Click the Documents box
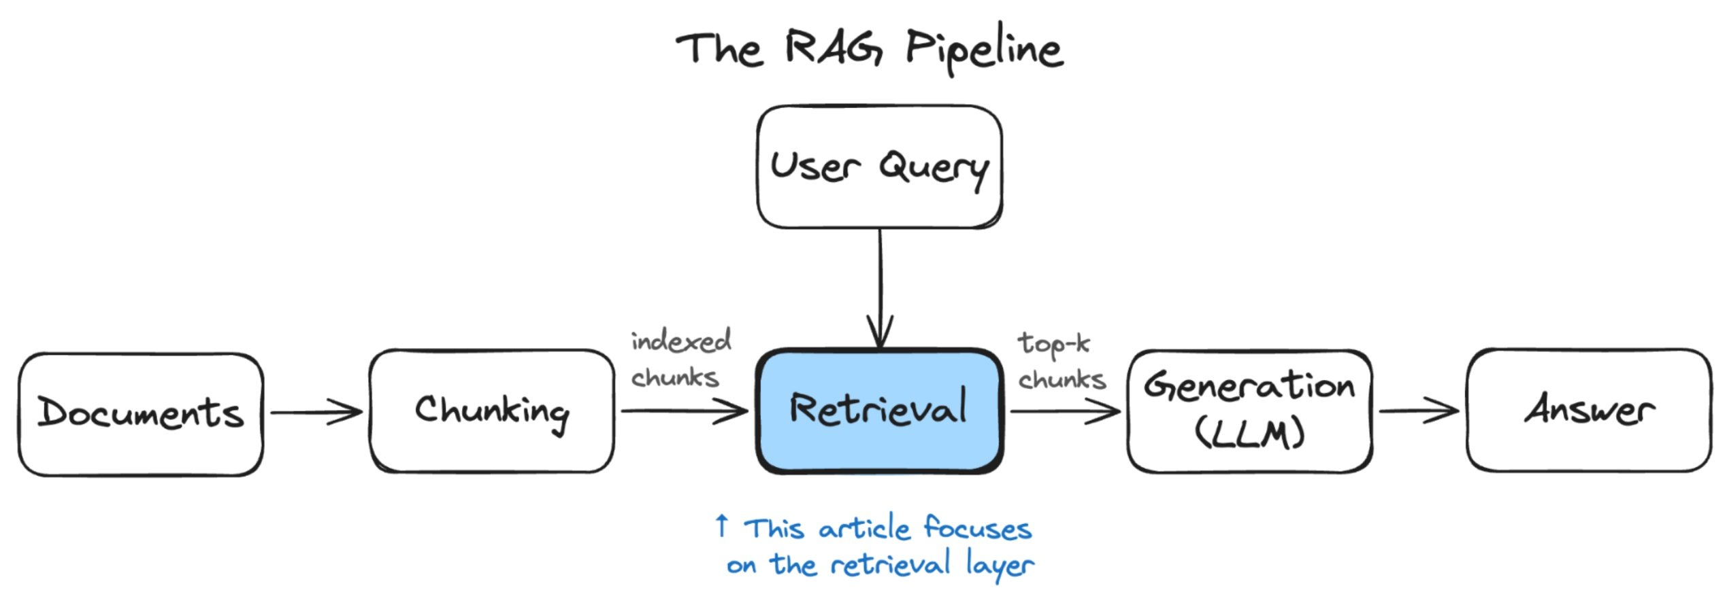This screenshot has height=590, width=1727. coord(141,414)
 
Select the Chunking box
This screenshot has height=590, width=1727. coord(492,411)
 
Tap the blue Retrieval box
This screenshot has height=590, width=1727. coord(880,411)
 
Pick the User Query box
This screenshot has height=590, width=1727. coord(880,167)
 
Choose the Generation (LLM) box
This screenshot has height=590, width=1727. coord(1250,411)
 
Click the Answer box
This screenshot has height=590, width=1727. coord(1590,410)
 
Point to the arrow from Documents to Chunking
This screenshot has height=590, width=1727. coord(316,412)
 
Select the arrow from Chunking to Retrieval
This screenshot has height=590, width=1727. coord(685,411)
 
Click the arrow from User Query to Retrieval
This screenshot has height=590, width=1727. coord(880,289)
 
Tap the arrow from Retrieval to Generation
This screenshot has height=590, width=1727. coord(1066,411)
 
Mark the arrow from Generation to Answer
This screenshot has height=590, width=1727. coord(1419,410)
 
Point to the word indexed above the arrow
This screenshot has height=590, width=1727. coord(681,341)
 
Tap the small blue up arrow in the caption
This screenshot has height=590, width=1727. coord(722,525)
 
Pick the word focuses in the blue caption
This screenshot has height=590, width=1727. coord(978,528)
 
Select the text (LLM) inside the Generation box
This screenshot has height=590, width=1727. coord(1250,434)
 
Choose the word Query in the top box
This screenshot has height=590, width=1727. coord(934,169)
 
